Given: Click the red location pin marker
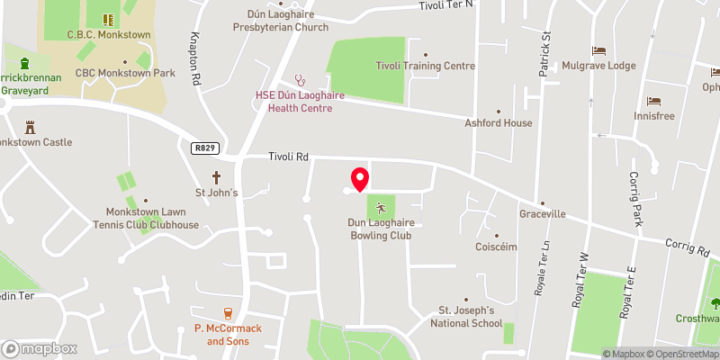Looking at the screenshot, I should click(x=359, y=178).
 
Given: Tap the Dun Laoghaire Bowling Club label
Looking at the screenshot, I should click(x=381, y=229).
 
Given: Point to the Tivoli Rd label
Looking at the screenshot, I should click(x=288, y=157).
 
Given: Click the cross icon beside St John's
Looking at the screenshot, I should click(x=216, y=177).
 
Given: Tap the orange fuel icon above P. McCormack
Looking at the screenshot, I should click(x=228, y=313).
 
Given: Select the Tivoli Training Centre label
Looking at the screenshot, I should click(x=425, y=66).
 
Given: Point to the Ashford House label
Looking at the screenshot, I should click(x=498, y=122).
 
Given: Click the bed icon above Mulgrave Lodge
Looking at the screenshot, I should click(x=597, y=50).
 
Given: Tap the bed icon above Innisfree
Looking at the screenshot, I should click(x=652, y=101).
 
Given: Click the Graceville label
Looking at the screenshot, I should click(x=542, y=215).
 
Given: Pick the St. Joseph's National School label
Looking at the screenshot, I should click(x=465, y=317).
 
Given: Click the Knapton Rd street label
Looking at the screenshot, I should click(x=194, y=60).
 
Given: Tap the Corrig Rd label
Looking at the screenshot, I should click(x=688, y=245).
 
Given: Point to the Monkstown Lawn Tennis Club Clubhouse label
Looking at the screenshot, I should click(x=139, y=219).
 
